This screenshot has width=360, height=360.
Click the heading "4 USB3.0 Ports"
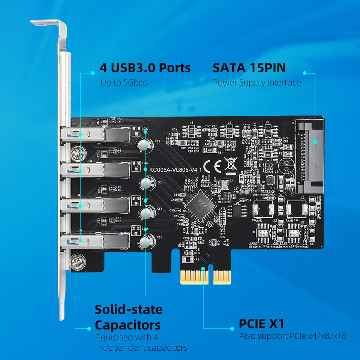pos(145,68)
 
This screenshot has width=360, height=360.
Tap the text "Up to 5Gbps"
pos(124,82)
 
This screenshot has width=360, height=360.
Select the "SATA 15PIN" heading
pos(249,68)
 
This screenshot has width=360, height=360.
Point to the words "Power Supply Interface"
pos(257,82)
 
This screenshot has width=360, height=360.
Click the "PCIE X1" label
pos(262,323)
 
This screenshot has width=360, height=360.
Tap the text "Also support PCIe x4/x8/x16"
pos(293,336)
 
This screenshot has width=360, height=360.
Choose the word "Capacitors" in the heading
pos(127,324)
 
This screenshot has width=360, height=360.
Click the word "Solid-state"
pos(128,310)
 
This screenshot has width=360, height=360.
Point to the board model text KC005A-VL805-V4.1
pos(175,170)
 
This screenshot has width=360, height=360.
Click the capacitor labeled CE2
pos(144,144)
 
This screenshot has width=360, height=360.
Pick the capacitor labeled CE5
pos(145,242)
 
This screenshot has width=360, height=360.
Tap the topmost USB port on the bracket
pos(96,134)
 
